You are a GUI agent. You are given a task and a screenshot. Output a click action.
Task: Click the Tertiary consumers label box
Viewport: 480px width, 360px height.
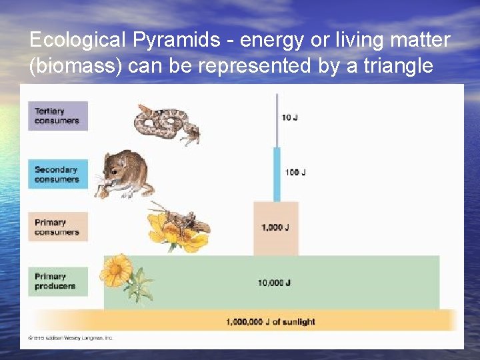pos(57,115)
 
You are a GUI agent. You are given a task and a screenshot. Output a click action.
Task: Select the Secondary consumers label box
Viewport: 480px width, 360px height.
pos(57,174)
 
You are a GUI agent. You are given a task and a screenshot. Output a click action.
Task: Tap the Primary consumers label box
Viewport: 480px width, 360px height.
pos(57,227)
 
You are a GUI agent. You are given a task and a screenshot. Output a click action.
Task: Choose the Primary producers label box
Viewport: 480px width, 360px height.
pos(57,281)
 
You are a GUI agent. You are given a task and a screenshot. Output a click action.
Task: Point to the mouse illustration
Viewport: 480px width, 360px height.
pos(127,175)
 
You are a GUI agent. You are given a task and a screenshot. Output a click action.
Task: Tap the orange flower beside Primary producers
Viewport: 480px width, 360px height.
pos(117,270)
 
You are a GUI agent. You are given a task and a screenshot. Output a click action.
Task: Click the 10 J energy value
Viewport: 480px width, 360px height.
pos(289,117)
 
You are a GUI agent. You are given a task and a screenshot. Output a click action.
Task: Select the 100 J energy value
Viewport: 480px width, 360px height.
pos(295,173)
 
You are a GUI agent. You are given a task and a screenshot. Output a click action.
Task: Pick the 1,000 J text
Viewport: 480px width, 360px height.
pos(275,227)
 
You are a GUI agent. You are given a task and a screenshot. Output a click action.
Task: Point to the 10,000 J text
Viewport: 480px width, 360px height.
pos(274,283)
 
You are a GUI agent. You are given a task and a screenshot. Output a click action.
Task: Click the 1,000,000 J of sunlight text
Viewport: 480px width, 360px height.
pos(270,321)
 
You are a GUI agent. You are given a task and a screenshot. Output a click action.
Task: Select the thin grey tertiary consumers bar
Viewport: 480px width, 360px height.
pos(277,120)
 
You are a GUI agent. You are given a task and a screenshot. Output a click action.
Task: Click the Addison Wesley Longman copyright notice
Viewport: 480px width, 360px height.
pos(71,338)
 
